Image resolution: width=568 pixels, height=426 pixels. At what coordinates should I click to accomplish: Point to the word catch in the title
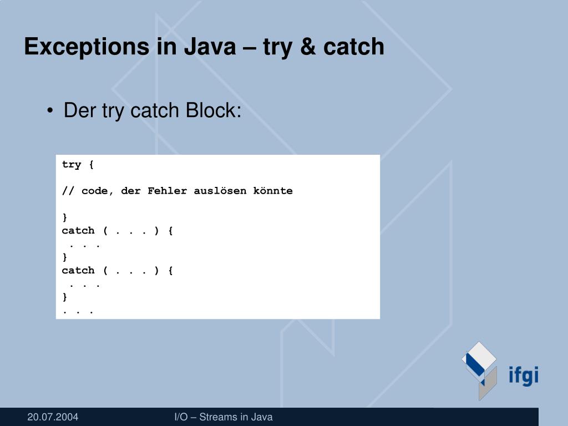point(354,47)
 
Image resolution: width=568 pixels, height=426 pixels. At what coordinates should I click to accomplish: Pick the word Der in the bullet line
point(80,110)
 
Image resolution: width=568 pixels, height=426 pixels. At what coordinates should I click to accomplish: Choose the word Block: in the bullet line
point(214,110)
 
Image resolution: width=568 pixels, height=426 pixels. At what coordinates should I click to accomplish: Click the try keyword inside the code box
point(72,165)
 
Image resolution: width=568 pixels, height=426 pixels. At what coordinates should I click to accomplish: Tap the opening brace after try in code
point(91,165)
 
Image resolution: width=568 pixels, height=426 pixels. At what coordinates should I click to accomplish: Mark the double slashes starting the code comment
point(68,191)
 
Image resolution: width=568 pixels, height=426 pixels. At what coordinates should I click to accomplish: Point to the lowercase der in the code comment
point(130,191)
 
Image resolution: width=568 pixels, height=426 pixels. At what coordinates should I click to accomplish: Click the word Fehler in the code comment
point(167,191)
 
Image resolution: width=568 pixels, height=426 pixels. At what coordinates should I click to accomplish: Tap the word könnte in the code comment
point(273,191)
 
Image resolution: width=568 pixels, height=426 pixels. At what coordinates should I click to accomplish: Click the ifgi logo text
point(524,376)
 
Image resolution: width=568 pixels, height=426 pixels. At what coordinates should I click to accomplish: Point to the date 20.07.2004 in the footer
point(53,417)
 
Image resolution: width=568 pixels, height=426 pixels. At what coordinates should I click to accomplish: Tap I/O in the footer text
point(181,417)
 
